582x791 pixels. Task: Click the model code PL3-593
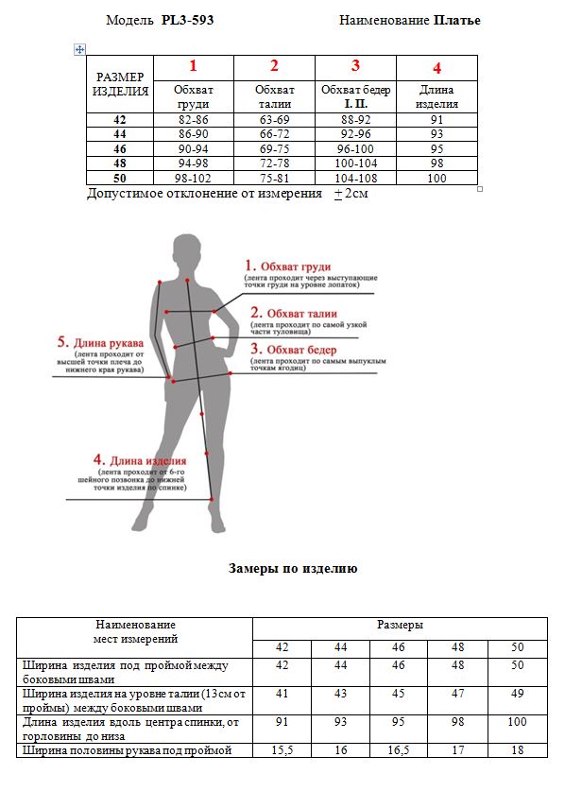point(187,20)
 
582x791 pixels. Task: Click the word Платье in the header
point(457,20)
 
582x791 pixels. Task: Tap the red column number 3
point(355,66)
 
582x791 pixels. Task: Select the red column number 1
point(194,66)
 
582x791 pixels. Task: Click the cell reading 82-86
point(193,120)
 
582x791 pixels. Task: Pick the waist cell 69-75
point(274,149)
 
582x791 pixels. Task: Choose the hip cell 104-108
point(355,179)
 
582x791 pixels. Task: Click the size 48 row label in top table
point(119,163)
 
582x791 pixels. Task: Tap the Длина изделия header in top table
point(436,96)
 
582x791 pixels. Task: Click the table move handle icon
point(80,48)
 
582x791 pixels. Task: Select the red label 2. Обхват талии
point(294,314)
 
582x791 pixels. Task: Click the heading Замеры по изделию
point(293,569)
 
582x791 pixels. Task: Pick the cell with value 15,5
point(282,750)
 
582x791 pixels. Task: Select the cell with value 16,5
point(399,750)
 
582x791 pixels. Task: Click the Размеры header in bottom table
point(400,626)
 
